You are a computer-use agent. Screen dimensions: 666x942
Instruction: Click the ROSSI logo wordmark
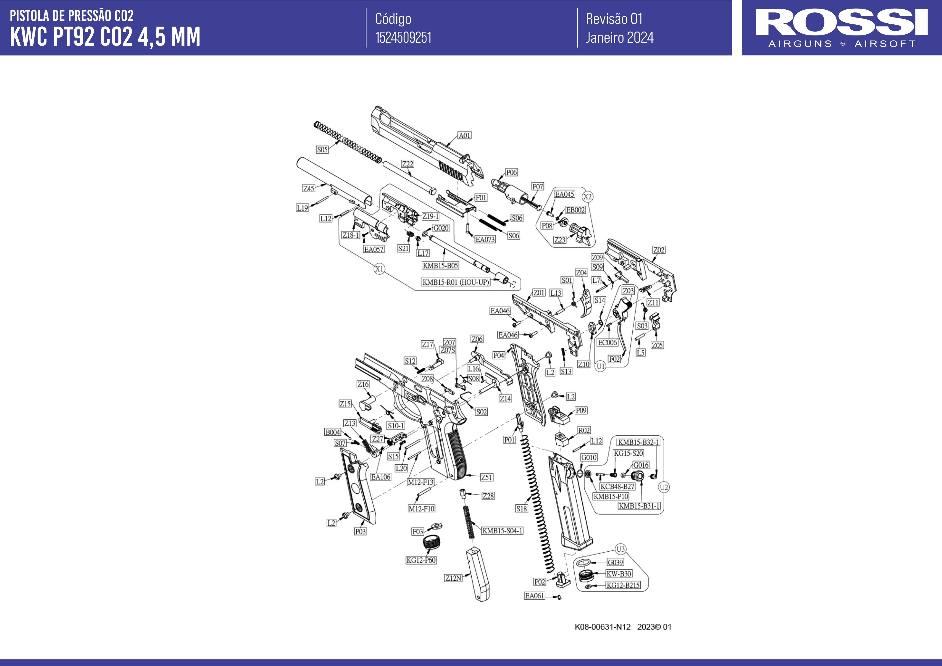point(842,23)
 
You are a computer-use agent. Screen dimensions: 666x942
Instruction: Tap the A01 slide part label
point(465,135)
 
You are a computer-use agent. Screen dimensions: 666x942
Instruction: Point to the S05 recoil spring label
point(322,150)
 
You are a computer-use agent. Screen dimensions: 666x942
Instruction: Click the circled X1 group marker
point(379,269)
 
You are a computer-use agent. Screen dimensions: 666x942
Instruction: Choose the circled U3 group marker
point(620,549)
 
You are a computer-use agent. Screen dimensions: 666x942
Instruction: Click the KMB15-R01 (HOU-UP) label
point(456,282)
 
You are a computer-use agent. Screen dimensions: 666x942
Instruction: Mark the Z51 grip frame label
point(487,477)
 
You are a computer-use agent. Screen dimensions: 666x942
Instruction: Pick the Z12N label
point(453,578)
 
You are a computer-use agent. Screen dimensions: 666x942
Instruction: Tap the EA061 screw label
point(535,596)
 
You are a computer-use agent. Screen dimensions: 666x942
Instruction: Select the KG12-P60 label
point(421,560)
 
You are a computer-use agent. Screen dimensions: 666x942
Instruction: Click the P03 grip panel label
point(360,532)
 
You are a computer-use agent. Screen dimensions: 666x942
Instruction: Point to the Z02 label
point(658,250)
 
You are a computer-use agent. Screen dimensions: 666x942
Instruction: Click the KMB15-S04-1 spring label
point(502,531)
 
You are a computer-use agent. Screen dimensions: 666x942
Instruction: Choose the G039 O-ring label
point(615,562)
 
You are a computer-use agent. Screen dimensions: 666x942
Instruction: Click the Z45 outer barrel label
point(309,188)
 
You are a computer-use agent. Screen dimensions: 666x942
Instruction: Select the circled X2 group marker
point(588,197)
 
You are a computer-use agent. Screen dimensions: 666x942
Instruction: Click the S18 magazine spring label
point(521,508)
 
